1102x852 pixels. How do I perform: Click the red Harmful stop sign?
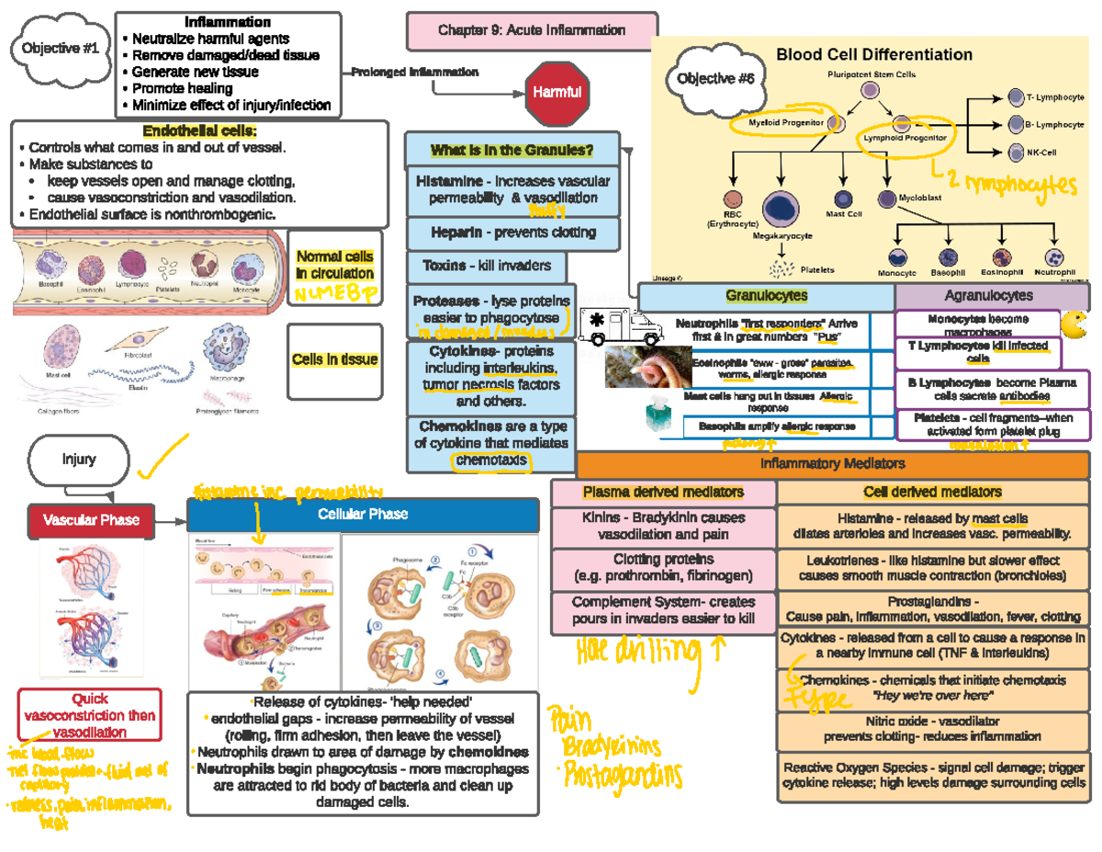tap(555, 92)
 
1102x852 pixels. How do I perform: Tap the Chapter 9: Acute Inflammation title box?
tap(532, 30)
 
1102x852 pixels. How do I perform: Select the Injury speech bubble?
tap(79, 460)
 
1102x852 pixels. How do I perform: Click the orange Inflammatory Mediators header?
tap(832, 464)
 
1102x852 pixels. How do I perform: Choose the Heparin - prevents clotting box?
tap(512, 232)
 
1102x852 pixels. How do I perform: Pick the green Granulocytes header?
tap(766, 296)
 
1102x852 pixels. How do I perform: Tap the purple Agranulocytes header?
tap(988, 296)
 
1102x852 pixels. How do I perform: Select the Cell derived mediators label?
tap(932, 493)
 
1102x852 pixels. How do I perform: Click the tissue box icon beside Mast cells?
tap(661, 415)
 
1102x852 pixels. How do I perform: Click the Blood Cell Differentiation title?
tap(874, 55)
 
